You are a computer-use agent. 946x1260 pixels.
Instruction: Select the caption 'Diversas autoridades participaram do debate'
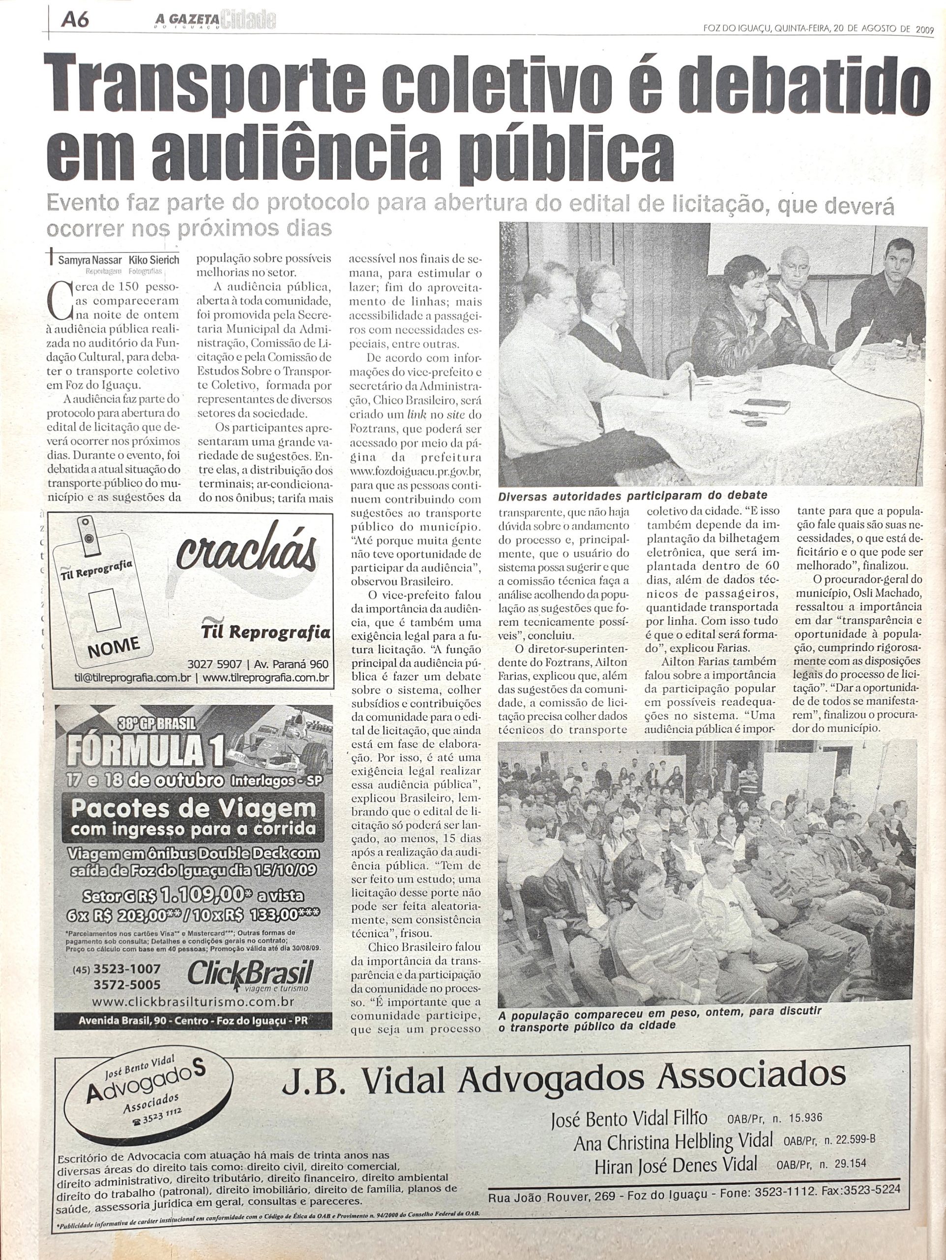(632, 495)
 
